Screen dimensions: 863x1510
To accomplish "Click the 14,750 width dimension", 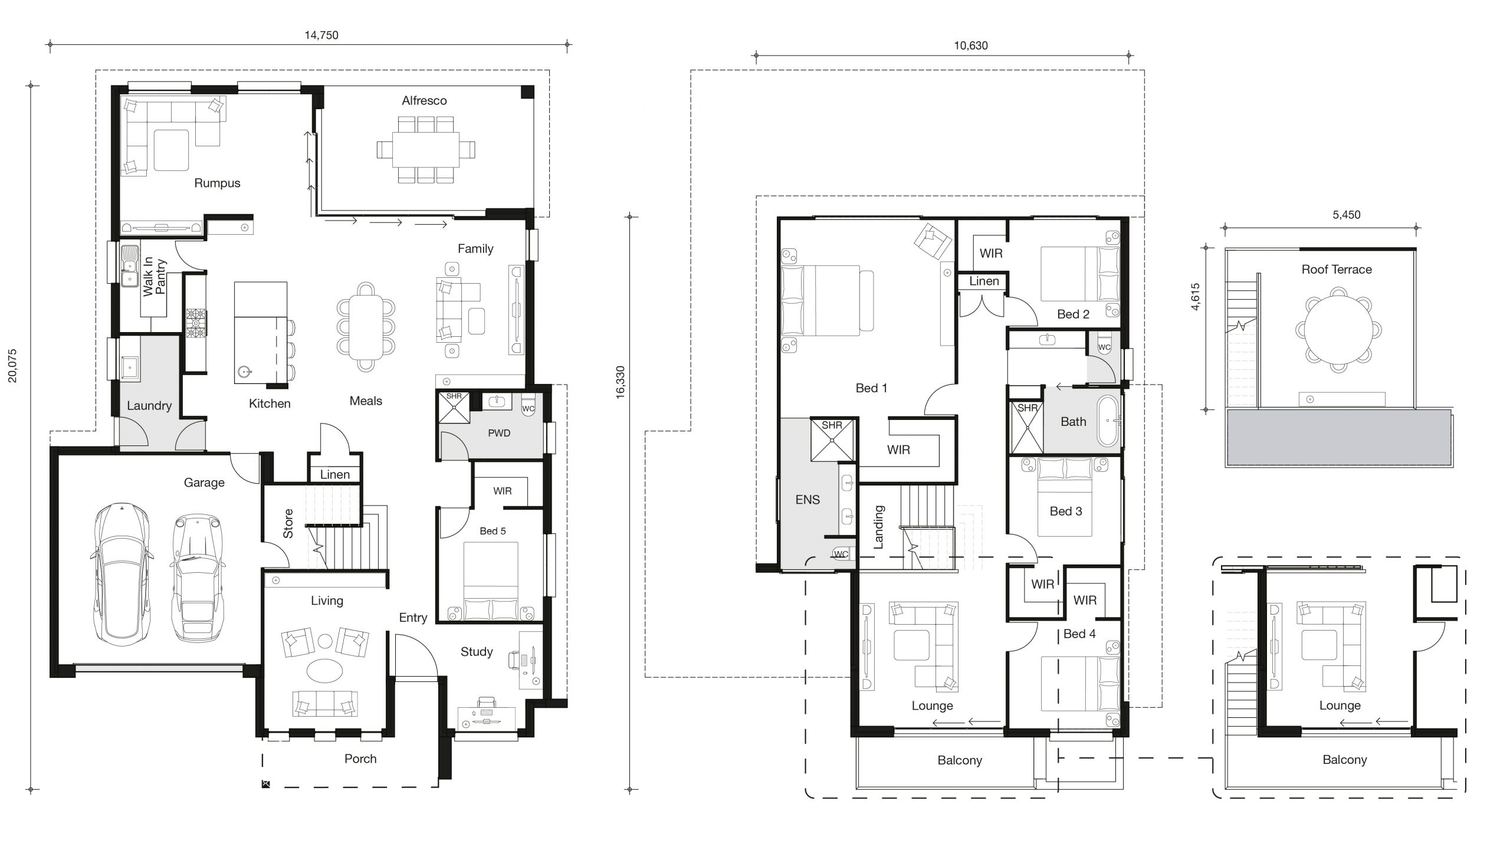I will point(321,35).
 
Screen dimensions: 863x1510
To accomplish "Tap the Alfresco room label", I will point(424,101).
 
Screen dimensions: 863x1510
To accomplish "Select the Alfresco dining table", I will point(425,149).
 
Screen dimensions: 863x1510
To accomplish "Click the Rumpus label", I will point(217,183).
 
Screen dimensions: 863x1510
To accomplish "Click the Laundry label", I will point(149,406).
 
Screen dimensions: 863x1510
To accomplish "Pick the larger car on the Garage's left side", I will point(122,574).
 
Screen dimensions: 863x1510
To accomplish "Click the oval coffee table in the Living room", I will point(324,671).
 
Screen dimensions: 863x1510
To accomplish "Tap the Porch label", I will point(360,759).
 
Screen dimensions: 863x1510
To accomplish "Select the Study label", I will point(477,652).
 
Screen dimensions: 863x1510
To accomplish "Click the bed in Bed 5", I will point(491,581).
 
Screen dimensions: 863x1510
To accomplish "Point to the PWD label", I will point(499,434).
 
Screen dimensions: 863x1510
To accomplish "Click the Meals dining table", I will point(366,327).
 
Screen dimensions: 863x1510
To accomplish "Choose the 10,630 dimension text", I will point(971,45).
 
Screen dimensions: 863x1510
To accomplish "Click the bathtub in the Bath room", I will point(1107,421).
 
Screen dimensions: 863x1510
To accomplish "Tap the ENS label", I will point(807,500).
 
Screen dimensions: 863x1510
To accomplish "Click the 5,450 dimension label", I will point(1347,215).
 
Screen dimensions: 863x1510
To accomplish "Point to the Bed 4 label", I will point(1079,634).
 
